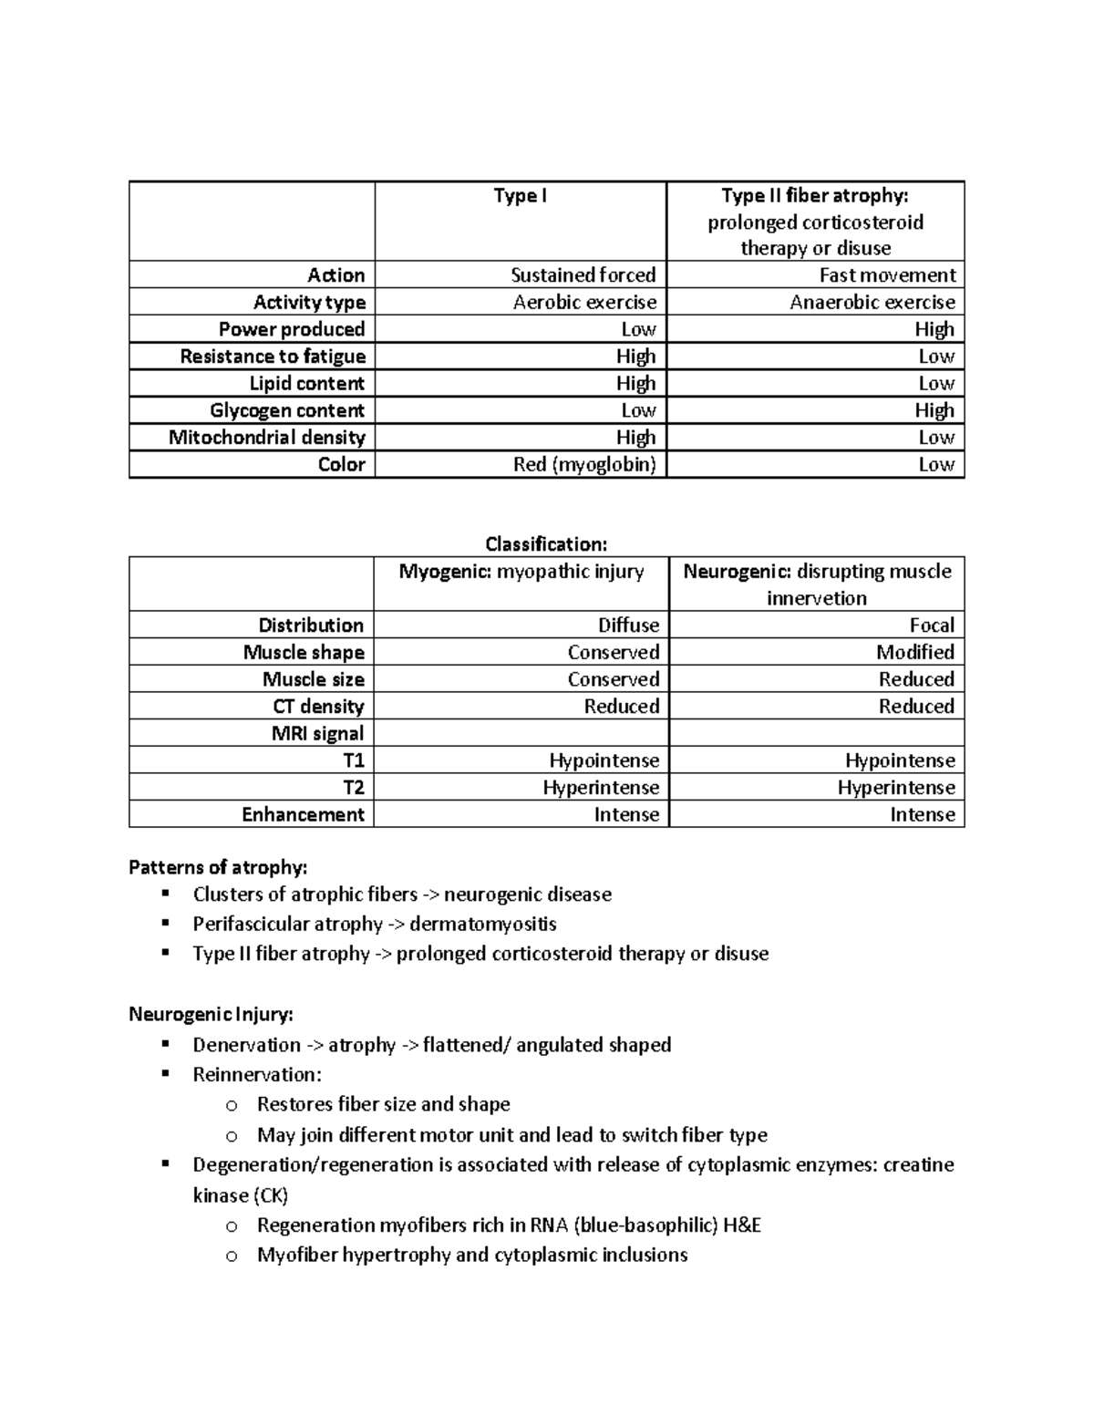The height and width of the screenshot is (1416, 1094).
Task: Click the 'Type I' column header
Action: point(520,196)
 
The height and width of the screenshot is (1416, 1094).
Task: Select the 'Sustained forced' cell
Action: point(583,275)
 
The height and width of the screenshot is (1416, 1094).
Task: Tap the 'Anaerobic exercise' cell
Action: point(872,303)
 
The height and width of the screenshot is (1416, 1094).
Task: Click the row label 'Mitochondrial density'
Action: point(266,438)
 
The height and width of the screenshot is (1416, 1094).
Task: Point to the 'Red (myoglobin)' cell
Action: point(583,465)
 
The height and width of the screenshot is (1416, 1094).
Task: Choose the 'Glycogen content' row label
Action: point(286,411)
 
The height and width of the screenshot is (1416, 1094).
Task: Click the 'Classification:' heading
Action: point(545,544)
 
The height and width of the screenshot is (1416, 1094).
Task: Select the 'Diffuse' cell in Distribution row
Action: point(627,625)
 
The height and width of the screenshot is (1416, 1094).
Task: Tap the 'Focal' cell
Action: point(931,625)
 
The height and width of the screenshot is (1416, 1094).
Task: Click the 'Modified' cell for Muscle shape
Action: point(914,653)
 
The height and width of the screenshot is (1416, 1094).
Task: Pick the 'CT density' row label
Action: point(317,707)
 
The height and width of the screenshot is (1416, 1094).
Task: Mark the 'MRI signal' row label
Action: point(316,734)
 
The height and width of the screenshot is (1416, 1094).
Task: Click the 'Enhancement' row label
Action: point(302,815)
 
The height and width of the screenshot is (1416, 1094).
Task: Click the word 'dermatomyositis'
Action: point(482,925)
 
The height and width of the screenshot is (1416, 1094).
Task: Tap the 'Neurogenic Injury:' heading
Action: point(211,1015)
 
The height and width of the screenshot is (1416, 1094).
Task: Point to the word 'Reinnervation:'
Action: point(256,1075)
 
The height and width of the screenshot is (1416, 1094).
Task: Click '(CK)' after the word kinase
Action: point(269,1195)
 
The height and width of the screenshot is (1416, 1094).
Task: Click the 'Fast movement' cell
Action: point(887,275)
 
